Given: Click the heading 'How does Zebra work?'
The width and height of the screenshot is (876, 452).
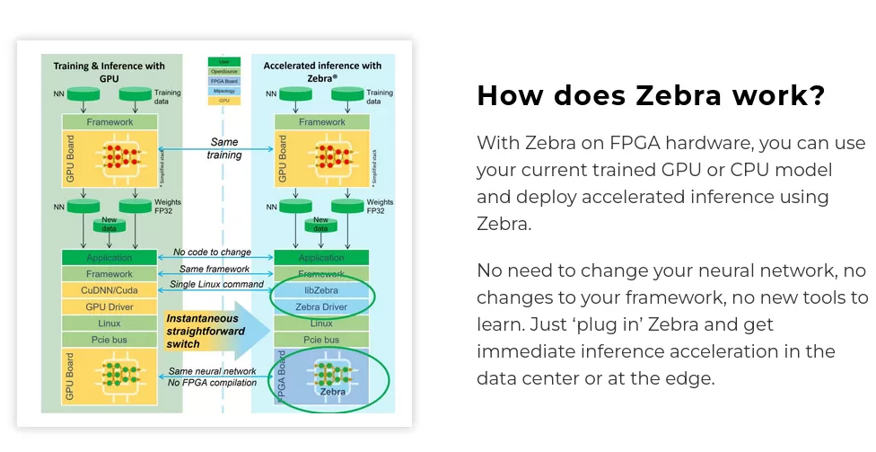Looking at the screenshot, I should click(651, 95).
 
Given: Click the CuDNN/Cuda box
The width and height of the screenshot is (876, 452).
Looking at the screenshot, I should click(109, 290).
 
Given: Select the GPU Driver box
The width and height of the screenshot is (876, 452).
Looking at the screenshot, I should click(109, 306).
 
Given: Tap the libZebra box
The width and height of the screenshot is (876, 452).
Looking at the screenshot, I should click(321, 290).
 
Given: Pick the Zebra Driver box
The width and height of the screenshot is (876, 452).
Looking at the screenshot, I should click(321, 306).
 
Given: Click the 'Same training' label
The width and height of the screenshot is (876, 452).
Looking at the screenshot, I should click(224, 148).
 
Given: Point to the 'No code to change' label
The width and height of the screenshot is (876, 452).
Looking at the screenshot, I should click(212, 252).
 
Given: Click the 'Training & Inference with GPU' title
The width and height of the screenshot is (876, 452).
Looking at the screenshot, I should click(109, 72).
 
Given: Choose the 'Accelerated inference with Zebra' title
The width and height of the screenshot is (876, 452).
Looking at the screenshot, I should click(322, 72).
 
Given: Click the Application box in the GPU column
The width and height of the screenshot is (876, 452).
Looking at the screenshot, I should click(109, 258).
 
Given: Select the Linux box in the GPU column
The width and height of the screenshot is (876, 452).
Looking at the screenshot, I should click(109, 323).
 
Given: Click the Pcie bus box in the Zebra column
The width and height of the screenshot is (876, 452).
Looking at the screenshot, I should click(321, 340).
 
